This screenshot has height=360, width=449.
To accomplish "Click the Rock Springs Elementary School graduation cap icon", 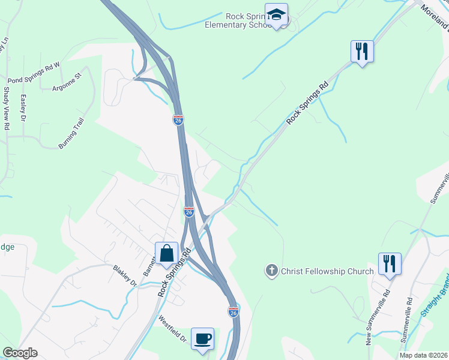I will (x=276, y=15).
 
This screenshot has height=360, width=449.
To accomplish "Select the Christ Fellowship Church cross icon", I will (x=271, y=271).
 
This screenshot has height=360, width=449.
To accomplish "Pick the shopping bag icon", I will (x=166, y=253).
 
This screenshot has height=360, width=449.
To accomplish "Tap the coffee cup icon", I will (x=202, y=338).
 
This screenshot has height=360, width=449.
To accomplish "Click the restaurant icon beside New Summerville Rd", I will (x=390, y=264).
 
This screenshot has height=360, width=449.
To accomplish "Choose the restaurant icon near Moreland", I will (x=362, y=51).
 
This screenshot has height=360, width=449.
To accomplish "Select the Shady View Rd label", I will (x=7, y=109).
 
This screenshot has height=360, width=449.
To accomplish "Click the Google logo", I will (x=20, y=353).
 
